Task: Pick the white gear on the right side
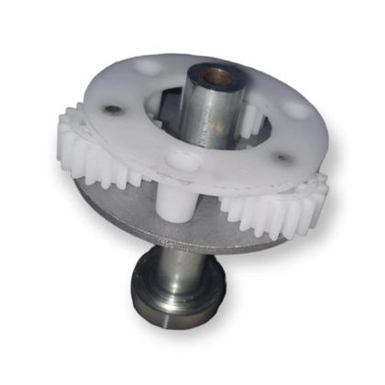pyautogui.click(x=275, y=206)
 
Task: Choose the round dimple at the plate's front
pyautogui.click(x=182, y=163)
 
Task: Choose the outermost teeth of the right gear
pyautogui.click(x=316, y=197)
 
